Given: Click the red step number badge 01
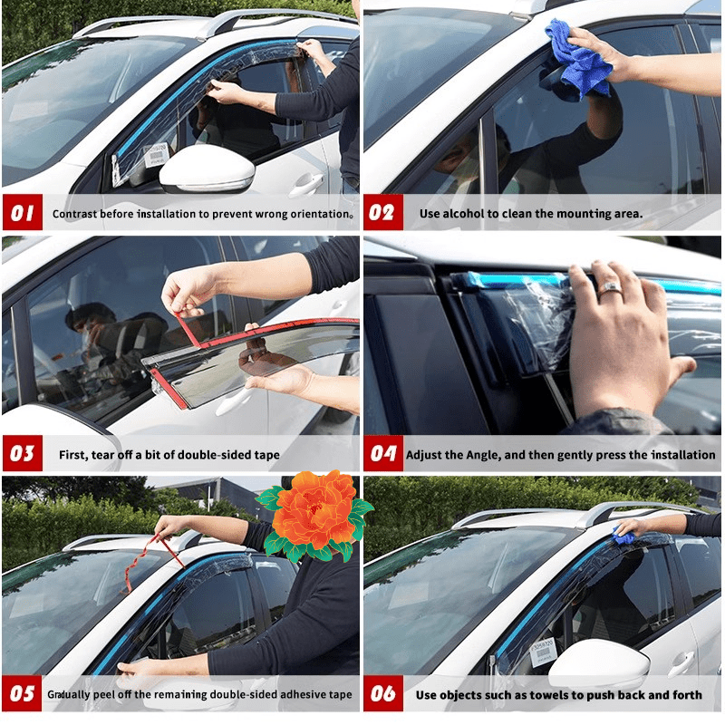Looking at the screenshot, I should coord(22,214).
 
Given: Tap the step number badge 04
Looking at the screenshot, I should coord(383,453).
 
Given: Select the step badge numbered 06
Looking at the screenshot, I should coord(383,694).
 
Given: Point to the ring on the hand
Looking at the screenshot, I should coord(610,288).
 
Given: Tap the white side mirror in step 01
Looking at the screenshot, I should coord(208,168).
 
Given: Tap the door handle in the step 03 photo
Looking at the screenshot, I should coord(234,401).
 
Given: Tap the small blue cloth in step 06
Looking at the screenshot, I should coord(623,536).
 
